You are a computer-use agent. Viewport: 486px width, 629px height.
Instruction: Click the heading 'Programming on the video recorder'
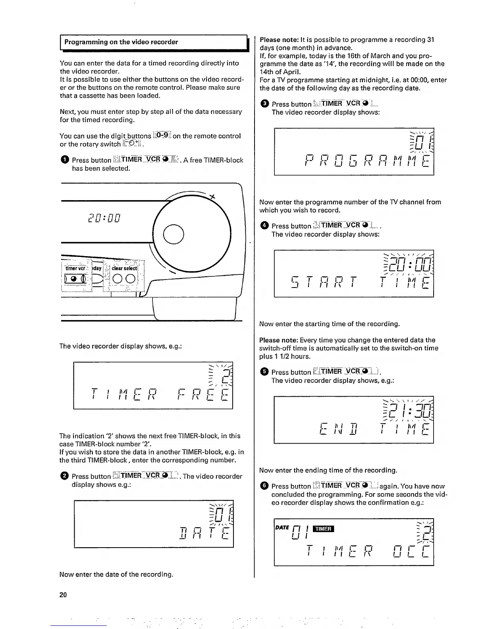point(121,42)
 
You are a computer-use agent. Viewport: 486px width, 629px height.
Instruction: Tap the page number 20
point(63,594)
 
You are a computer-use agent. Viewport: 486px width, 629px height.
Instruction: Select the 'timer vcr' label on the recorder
point(75,268)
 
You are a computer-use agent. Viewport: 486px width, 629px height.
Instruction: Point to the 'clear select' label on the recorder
point(124,268)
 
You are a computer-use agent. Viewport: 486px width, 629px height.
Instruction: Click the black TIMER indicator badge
point(324,529)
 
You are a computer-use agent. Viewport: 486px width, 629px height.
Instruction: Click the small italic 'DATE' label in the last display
point(282,527)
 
